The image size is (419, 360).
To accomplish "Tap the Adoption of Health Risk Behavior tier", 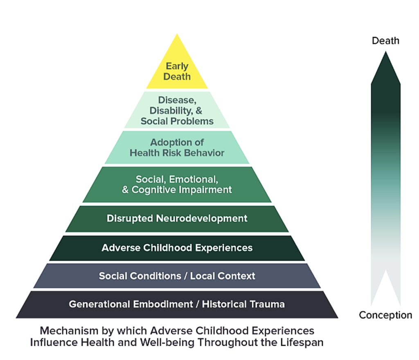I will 177,147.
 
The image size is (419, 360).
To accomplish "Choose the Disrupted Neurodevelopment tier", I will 177,218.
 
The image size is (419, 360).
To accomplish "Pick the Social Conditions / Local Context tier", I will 177,276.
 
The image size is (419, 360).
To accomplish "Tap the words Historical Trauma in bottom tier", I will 243,304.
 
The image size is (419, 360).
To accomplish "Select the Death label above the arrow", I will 385,41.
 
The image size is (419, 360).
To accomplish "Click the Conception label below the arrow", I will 385,315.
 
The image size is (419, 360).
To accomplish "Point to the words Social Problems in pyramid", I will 177,121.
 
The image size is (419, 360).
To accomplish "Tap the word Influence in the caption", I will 51,342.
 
